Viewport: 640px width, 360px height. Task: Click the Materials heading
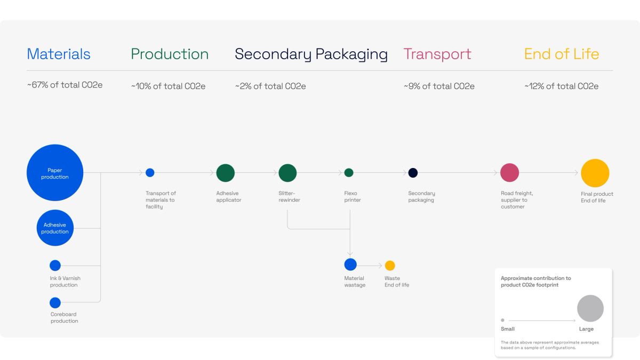tap(59, 54)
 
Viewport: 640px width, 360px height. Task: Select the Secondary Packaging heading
tap(311, 54)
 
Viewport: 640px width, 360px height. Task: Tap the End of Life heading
tap(561, 54)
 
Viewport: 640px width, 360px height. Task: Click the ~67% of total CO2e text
tap(65, 85)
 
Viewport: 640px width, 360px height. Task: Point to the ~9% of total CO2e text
tap(439, 86)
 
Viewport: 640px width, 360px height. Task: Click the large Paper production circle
tap(55, 173)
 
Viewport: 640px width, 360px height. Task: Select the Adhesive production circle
tap(55, 228)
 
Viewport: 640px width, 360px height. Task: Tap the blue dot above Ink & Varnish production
tap(55, 266)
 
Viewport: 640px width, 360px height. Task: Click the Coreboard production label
tap(64, 317)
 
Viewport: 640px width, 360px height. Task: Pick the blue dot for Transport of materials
tap(150, 173)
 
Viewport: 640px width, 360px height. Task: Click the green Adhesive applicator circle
tap(226, 173)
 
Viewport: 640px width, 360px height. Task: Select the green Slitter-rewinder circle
tap(287, 173)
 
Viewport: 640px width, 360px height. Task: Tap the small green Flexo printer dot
tap(349, 173)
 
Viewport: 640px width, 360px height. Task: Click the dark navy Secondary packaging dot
tap(413, 173)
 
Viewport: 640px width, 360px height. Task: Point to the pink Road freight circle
tap(509, 173)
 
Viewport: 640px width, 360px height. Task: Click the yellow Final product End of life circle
tap(595, 173)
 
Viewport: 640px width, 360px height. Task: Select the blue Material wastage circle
tap(350, 265)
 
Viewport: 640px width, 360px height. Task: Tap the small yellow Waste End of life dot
tap(390, 266)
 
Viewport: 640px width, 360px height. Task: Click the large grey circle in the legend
tap(590, 308)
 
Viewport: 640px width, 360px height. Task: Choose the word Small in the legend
tap(508, 329)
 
